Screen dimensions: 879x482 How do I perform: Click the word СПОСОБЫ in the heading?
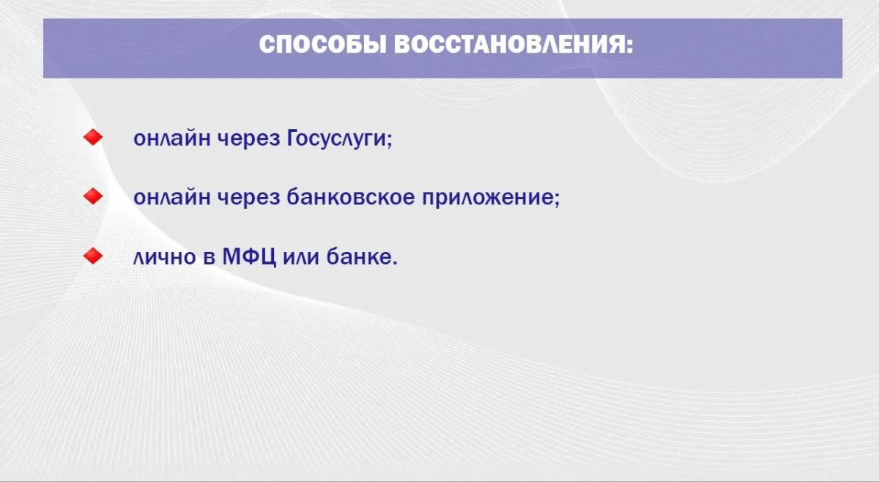coord(323,45)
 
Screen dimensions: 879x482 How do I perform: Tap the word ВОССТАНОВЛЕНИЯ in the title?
coord(509,45)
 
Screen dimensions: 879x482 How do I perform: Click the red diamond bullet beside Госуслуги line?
coord(93,137)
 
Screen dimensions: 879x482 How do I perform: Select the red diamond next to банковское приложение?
coord(93,196)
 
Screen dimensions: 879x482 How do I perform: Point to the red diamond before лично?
coord(93,256)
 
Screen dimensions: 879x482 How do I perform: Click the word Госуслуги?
coord(337,138)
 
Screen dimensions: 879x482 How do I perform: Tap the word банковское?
coord(350,196)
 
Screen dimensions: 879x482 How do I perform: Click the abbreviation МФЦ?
coord(249,257)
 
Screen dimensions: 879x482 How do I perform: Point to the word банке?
coord(359,256)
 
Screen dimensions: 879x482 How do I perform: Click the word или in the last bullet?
coord(301,258)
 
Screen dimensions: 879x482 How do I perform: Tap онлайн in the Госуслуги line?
coord(172,138)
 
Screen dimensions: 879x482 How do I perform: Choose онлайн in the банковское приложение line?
coord(172,198)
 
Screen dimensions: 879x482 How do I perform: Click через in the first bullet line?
coord(249,140)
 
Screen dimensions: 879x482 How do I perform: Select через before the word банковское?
coord(249,199)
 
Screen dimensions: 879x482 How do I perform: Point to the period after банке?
coord(395,263)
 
